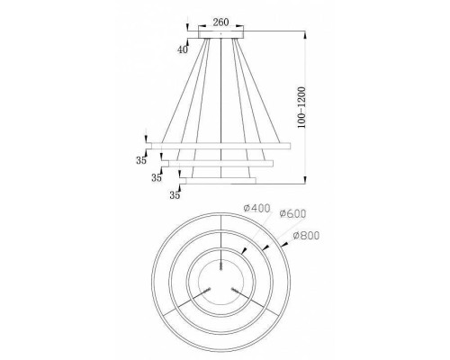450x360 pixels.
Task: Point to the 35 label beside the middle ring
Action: coord(157,177)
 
